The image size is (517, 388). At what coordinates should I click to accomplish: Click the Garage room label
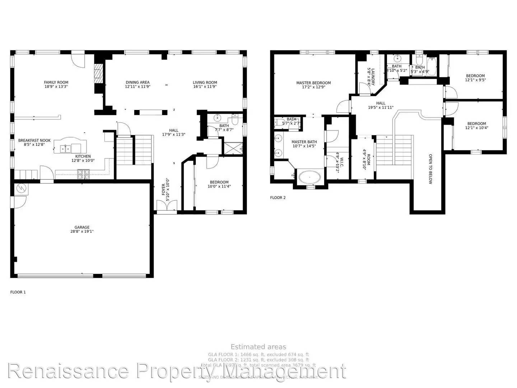coord(82,229)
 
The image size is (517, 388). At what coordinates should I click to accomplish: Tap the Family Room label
coord(56,84)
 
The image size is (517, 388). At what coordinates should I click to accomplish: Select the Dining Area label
coord(138,84)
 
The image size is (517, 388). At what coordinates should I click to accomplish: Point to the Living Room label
coord(205,84)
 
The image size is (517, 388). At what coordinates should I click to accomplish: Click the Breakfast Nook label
coord(34,143)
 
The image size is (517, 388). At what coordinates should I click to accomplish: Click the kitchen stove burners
coord(83,174)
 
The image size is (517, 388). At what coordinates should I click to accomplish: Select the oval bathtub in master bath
coord(309,177)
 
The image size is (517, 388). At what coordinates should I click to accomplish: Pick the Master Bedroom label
coord(313,85)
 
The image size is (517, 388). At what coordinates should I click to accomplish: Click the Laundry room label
coord(371,77)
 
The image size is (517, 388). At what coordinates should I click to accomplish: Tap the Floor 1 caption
coord(18,292)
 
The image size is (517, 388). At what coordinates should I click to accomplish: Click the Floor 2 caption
coord(278,198)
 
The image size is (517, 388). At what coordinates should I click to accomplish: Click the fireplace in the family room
coord(98,73)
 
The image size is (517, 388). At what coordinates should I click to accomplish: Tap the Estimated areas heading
coord(258,347)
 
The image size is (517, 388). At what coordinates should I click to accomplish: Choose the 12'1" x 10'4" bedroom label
coord(476,125)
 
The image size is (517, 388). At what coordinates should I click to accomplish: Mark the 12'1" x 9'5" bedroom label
coord(475,78)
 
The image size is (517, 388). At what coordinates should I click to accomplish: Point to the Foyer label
coord(165,190)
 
